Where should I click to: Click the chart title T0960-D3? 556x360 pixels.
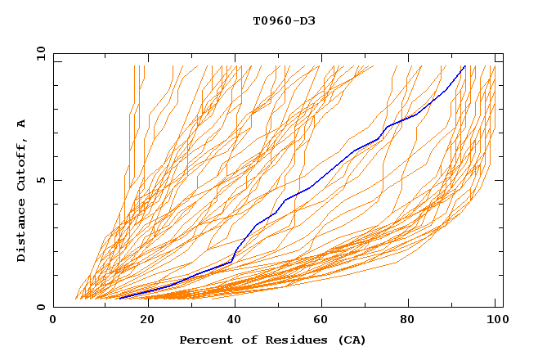click(284, 20)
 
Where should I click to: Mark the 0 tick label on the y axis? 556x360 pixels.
click(41, 308)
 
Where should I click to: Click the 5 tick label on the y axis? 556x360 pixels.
click(41, 180)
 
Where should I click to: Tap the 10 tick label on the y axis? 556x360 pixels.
click(38, 53)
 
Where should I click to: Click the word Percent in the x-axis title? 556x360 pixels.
click(204, 340)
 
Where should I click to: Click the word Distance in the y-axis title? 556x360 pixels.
click(22, 231)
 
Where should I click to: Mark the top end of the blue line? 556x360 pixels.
click(464, 65)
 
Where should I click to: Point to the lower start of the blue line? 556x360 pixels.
click(119, 298)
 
